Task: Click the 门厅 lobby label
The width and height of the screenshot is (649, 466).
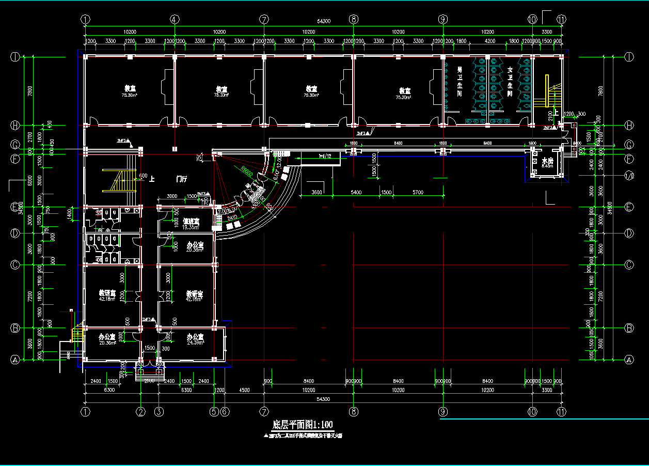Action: pyautogui.click(x=181, y=179)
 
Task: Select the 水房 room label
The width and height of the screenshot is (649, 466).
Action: pyautogui.click(x=547, y=161)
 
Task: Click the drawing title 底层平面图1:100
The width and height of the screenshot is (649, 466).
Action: pyautogui.click(x=303, y=425)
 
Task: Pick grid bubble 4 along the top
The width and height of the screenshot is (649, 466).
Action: pyautogui.click(x=175, y=19)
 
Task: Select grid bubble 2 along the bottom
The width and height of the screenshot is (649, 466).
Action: pyautogui.click(x=141, y=412)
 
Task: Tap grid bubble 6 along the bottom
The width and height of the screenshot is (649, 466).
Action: pyautogui.click(x=225, y=412)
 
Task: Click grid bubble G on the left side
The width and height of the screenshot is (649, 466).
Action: pyautogui.click(x=15, y=144)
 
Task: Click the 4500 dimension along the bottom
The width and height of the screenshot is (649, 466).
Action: pyautogui.click(x=244, y=390)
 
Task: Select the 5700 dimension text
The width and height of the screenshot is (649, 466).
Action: pyautogui.click(x=418, y=192)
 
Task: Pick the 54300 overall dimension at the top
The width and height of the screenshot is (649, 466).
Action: pyautogui.click(x=323, y=21)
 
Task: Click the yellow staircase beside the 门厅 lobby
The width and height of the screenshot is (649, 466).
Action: pyautogui.click(x=120, y=180)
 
